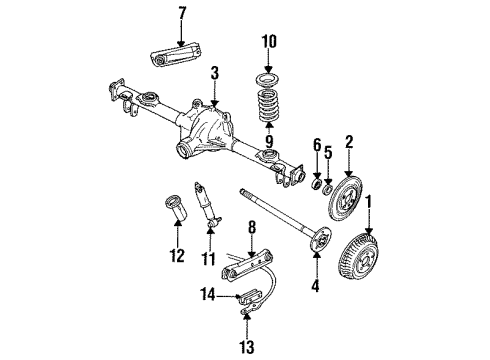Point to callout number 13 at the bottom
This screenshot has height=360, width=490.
[x=247, y=347]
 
